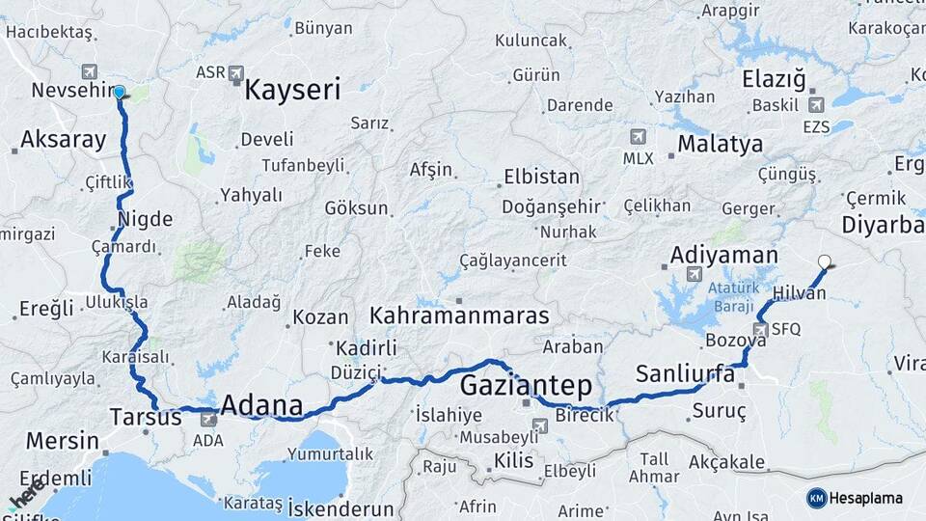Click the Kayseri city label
(292, 91)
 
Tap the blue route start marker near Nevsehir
(120, 93)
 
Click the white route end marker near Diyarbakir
(824, 260)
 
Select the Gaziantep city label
(526, 386)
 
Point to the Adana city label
(261, 405)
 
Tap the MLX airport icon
(637, 137)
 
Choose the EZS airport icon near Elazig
(816, 105)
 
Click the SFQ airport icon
(761, 330)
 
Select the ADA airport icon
(207, 419)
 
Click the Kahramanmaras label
(459, 315)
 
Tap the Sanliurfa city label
(685, 373)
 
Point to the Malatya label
(720, 144)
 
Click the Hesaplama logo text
(866, 498)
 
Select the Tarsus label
(145, 418)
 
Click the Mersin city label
(62, 441)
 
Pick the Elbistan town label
(541, 178)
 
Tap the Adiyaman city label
(723, 255)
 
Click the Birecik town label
(585, 416)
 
